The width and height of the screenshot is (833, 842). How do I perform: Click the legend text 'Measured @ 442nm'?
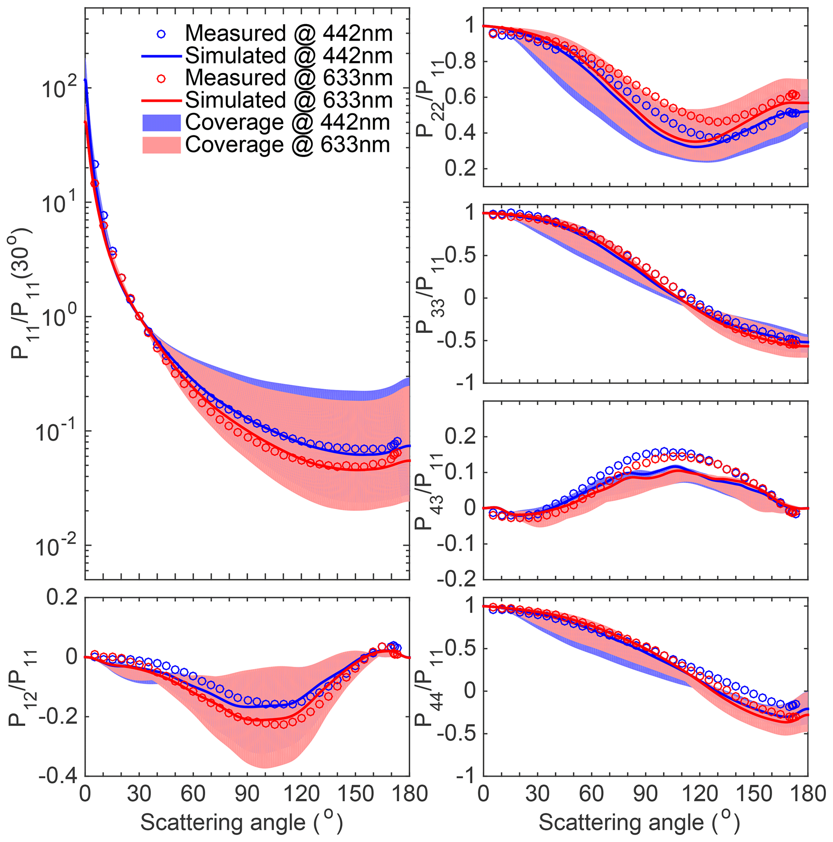click(x=289, y=33)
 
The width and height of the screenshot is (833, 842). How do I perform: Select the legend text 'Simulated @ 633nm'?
click(x=289, y=100)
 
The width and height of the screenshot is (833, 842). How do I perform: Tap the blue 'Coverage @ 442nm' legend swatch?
click(x=161, y=122)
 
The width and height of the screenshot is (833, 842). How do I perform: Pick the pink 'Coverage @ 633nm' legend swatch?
click(x=161, y=145)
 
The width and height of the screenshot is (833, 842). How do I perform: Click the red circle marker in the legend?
click(x=161, y=78)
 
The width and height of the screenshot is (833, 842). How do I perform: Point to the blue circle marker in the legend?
click(x=161, y=33)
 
